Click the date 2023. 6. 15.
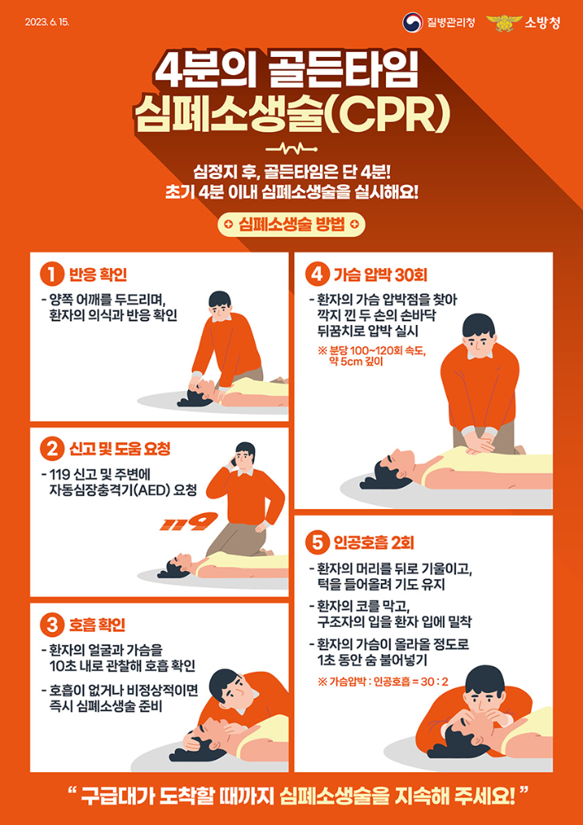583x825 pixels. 48,21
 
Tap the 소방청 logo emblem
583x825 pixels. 503,22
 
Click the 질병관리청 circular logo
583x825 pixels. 412,22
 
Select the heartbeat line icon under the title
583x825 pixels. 291,150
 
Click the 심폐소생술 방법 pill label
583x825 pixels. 291,224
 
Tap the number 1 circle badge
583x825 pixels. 52,273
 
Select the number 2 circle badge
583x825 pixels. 52,449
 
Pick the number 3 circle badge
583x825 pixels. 52,624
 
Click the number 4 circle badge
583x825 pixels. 316,273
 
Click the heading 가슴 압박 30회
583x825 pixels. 379,274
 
